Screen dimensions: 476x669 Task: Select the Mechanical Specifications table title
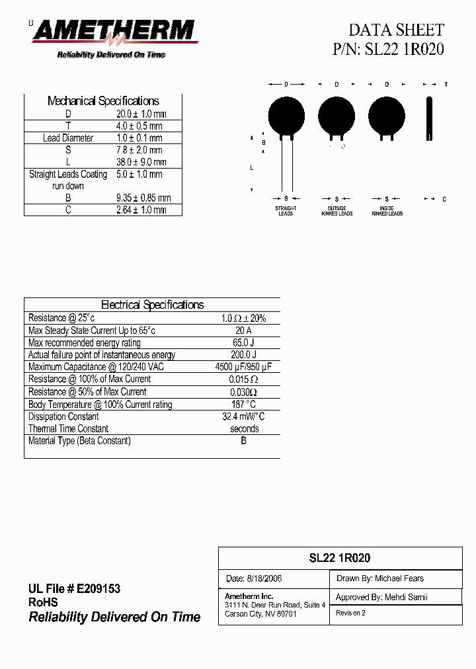[x=103, y=101]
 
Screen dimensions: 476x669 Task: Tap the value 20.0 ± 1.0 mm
[x=141, y=114]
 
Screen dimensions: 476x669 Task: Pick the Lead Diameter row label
[x=68, y=138]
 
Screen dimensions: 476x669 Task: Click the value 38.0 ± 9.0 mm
[x=141, y=162]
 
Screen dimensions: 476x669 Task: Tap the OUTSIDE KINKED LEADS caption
[x=337, y=211]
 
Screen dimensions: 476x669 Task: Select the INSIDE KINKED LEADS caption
[x=387, y=211]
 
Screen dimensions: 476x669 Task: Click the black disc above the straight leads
[x=286, y=114]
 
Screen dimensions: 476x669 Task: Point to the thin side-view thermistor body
[x=430, y=119]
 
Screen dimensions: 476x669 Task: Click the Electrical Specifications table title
[x=152, y=305]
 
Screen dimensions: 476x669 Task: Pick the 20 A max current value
[x=243, y=331]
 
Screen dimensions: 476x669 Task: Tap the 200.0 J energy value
[x=243, y=355]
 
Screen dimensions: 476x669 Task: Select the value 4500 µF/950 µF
[x=243, y=367]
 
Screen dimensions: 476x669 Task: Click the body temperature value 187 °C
[x=243, y=404]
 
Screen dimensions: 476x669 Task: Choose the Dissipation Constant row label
[x=63, y=416]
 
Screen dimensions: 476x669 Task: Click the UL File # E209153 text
[x=74, y=589]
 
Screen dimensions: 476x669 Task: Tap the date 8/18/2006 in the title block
[x=254, y=578]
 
